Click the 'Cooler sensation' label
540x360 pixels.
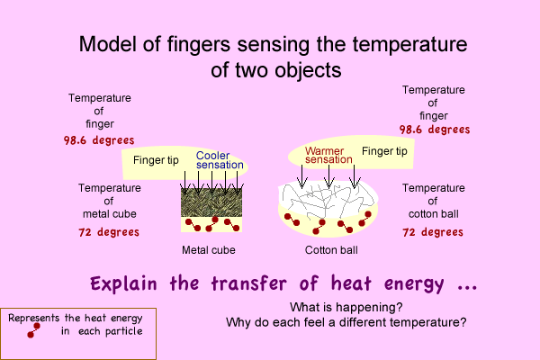(219, 160)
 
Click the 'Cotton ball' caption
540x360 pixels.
(327, 249)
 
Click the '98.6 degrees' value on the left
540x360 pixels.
(99, 140)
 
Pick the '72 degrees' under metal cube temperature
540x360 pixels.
(108, 231)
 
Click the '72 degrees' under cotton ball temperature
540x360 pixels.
(433, 231)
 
